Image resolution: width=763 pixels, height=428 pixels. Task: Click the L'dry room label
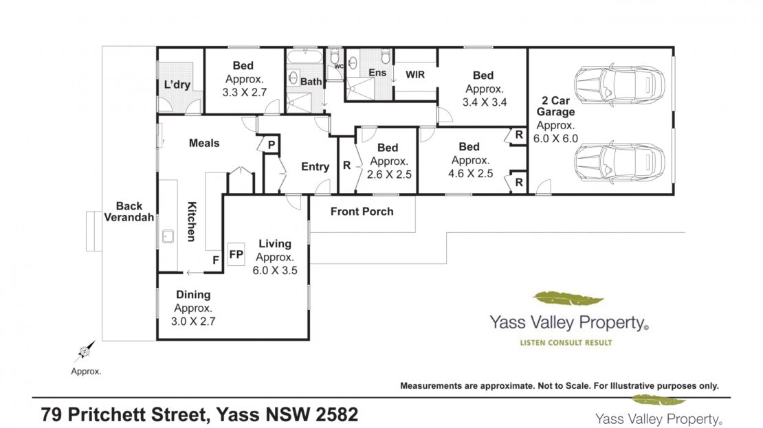177,85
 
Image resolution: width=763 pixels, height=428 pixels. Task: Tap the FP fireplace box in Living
236,254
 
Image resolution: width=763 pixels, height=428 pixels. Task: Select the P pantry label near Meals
272,145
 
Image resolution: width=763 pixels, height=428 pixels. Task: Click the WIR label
415,74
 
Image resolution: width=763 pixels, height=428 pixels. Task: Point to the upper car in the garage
619,85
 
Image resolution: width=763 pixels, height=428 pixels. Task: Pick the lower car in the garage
619,163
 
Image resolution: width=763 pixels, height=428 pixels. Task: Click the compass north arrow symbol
85,351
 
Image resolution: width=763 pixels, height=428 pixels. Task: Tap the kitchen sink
168,236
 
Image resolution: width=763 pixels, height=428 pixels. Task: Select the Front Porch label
362,212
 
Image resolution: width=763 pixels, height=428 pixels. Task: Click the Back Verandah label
129,212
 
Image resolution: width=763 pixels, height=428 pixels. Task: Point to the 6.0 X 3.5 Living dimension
275,271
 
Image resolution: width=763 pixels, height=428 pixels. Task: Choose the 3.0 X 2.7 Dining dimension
193,321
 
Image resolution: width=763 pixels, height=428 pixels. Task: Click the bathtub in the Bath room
305,56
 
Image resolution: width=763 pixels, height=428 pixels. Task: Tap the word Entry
316,167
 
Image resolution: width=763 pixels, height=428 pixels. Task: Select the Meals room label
204,143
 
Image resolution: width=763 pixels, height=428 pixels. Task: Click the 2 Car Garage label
555,106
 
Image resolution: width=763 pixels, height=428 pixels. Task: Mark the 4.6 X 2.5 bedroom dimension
471,174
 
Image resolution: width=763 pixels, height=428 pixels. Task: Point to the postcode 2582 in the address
338,415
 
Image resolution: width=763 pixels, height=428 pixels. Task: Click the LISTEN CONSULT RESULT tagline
566,342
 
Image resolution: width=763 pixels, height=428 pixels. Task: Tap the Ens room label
377,73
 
